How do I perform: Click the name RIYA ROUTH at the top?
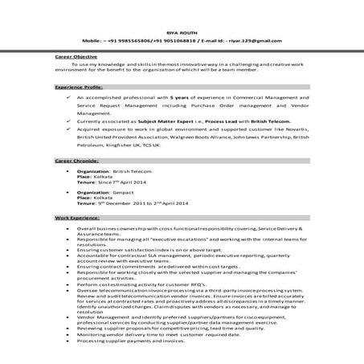point(182,27)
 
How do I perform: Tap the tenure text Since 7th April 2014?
point(132,182)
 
